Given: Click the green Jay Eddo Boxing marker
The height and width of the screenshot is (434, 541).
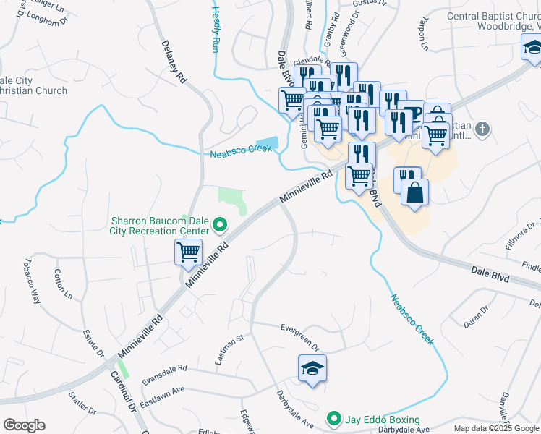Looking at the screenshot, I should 333,419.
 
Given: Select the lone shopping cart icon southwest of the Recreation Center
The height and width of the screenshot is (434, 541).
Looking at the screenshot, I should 188,253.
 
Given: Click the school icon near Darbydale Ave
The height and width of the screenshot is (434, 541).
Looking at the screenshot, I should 312,368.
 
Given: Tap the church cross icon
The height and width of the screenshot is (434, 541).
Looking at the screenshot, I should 483,129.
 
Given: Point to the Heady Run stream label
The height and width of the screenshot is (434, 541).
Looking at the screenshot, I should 216,29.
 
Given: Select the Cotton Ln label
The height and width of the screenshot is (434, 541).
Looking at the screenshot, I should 63,285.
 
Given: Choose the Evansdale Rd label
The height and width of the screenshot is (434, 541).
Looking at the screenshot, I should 164,377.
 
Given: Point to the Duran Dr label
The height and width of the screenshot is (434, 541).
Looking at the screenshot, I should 477,316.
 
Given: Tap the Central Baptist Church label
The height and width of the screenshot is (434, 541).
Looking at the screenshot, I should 493,21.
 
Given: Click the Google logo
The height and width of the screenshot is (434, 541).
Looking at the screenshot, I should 24,425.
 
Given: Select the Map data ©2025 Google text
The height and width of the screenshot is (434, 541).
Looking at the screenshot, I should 495,428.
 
